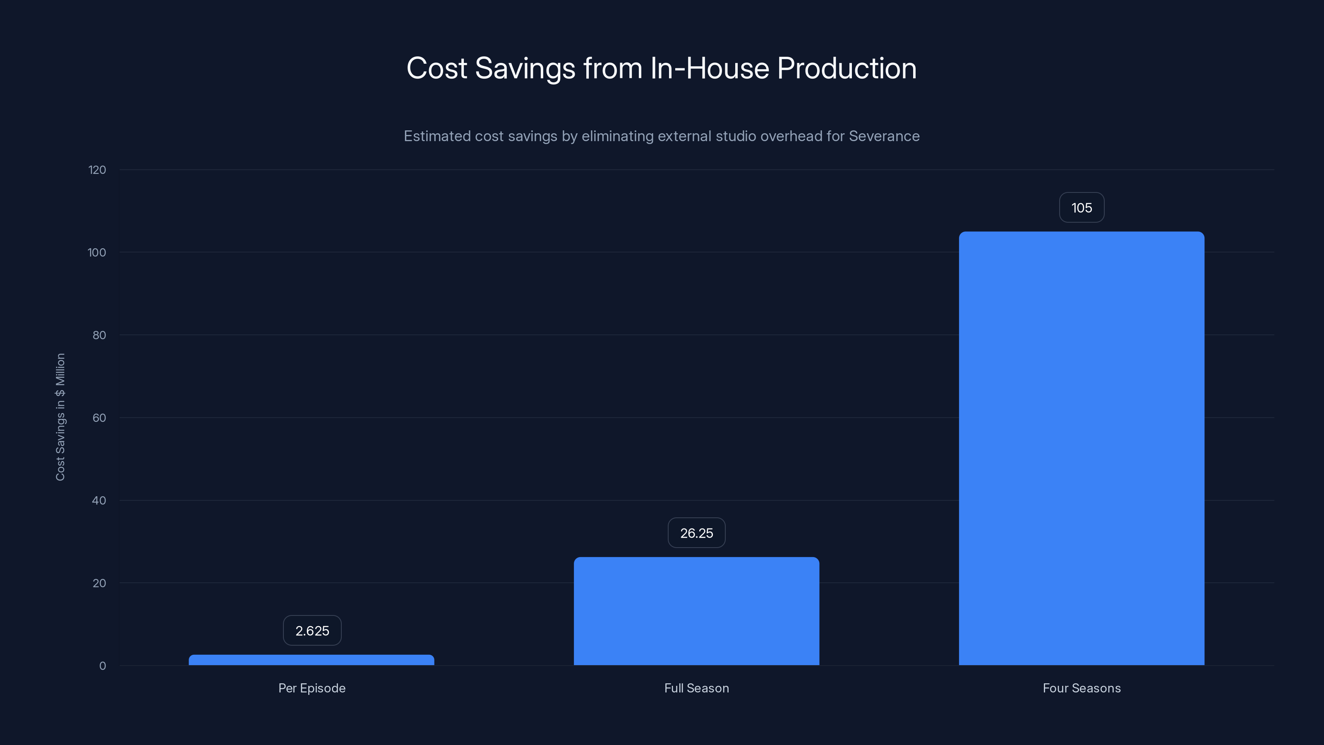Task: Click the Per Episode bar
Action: point(312,660)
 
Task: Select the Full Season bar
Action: point(696,611)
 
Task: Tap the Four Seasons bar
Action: point(1082,448)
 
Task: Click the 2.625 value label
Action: point(312,631)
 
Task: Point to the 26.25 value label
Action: point(696,533)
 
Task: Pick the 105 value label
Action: point(1082,208)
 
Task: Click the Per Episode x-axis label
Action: point(312,688)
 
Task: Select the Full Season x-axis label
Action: point(696,688)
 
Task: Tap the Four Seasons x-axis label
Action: point(1082,688)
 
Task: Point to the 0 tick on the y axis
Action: point(102,666)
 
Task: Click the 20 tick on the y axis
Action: point(99,583)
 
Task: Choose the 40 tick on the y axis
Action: point(99,500)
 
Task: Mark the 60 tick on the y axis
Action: point(99,418)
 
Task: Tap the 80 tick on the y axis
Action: point(99,335)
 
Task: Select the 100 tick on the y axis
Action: point(97,252)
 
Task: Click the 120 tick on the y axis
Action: point(97,170)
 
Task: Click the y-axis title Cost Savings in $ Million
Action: point(60,417)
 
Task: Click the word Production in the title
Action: point(847,68)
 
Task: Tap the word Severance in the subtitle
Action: point(884,136)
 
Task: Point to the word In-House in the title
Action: point(710,68)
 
